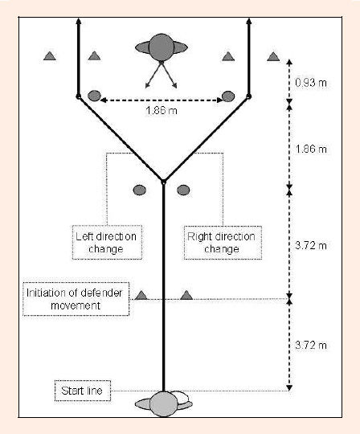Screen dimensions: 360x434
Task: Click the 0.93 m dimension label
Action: pos(311,83)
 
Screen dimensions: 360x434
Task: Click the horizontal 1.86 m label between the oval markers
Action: pos(162,111)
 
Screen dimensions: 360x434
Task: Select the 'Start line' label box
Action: pos(83,391)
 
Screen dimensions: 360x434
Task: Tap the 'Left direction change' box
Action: pos(107,243)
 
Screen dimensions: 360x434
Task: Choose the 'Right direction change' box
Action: pos(223,243)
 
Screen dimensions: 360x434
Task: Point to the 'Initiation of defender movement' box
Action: pos(76,299)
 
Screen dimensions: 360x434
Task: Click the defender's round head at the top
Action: pos(162,47)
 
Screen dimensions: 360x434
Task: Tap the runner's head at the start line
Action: pos(164,403)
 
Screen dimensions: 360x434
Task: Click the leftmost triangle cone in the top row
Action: pos(50,56)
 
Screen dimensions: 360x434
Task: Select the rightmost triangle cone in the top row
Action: pos(273,56)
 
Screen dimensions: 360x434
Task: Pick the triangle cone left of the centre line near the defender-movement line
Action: pos(141,295)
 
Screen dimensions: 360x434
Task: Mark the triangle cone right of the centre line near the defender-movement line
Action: pos(186,295)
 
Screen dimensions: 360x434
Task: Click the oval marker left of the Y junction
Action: pos(140,190)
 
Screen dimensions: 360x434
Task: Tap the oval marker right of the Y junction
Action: pos(183,190)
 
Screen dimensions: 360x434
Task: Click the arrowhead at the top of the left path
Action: pos(79,22)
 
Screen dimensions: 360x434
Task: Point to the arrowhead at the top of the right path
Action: pos(249,22)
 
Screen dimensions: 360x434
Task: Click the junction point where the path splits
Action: pos(164,182)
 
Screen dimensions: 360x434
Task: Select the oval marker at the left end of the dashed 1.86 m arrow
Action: pos(94,96)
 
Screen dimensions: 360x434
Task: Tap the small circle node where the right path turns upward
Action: pos(249,96)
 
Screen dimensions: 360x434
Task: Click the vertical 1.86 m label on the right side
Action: pos(311,149)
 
